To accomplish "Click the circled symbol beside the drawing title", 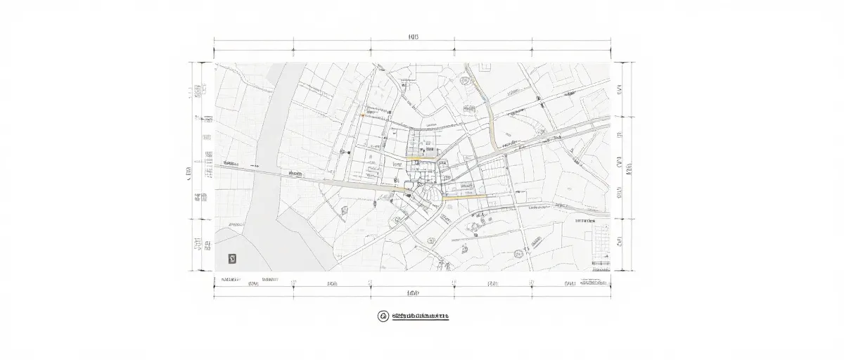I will point(383,316).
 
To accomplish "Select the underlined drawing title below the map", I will point(420,316).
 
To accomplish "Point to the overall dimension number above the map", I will point(413,37).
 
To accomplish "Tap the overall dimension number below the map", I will point(413,292).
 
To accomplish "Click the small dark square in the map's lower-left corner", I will point(233,259).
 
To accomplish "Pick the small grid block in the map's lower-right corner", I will point(601,242).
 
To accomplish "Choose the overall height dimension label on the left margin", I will point(188,171).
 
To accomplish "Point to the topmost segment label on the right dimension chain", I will point(620,89).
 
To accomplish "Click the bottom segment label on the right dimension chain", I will point(620,243).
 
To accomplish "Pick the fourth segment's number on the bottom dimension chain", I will point(492,283).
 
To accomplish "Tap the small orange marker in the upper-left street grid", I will point(362,115).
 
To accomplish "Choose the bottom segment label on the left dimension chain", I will point(199,244).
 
